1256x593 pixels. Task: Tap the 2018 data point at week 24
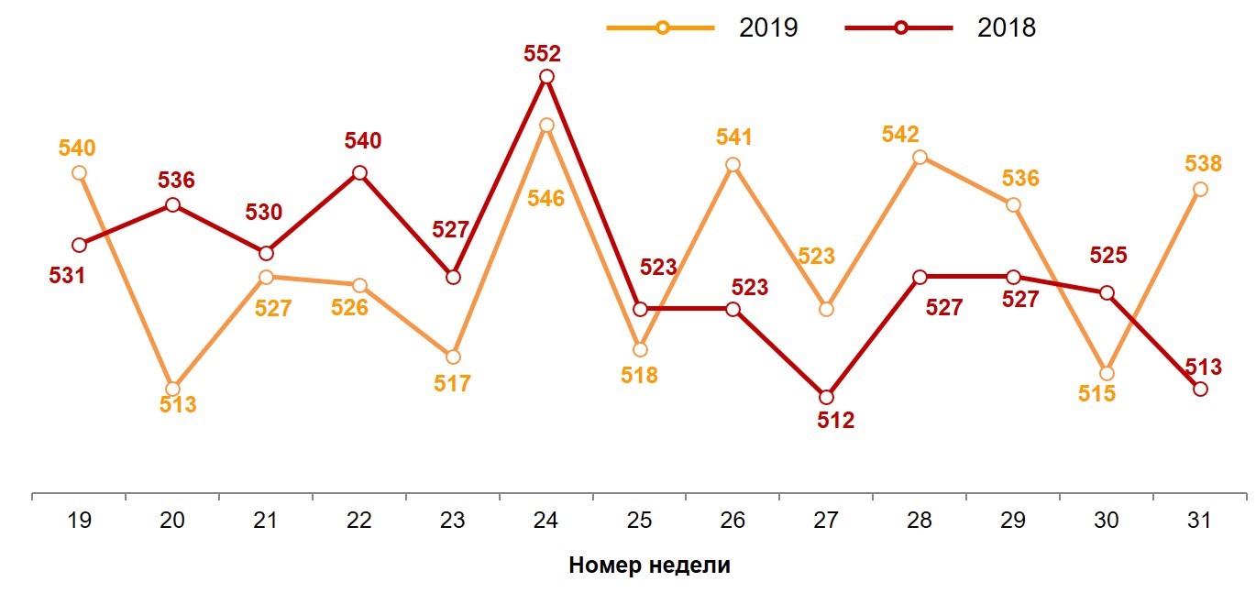[546, 77]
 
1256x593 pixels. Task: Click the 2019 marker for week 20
[172, 389]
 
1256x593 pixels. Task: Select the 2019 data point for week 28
[920, 157]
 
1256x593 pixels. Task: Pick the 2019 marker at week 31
[1200, 189]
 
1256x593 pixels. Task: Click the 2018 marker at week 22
[359, 172]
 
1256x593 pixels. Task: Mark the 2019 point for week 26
[733, 165]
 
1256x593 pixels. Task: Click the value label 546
[545, 197]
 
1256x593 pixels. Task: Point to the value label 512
[835, 421]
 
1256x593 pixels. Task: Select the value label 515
[1096, 395]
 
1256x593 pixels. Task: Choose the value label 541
[733, 137]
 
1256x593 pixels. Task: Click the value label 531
[67, 274]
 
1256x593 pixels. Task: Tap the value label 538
[1203, 164]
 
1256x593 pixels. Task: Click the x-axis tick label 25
[639, 521]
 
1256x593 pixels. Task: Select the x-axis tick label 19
[79, 521]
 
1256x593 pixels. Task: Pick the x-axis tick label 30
[1107, 521]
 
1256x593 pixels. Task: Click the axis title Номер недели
[649, 565]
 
